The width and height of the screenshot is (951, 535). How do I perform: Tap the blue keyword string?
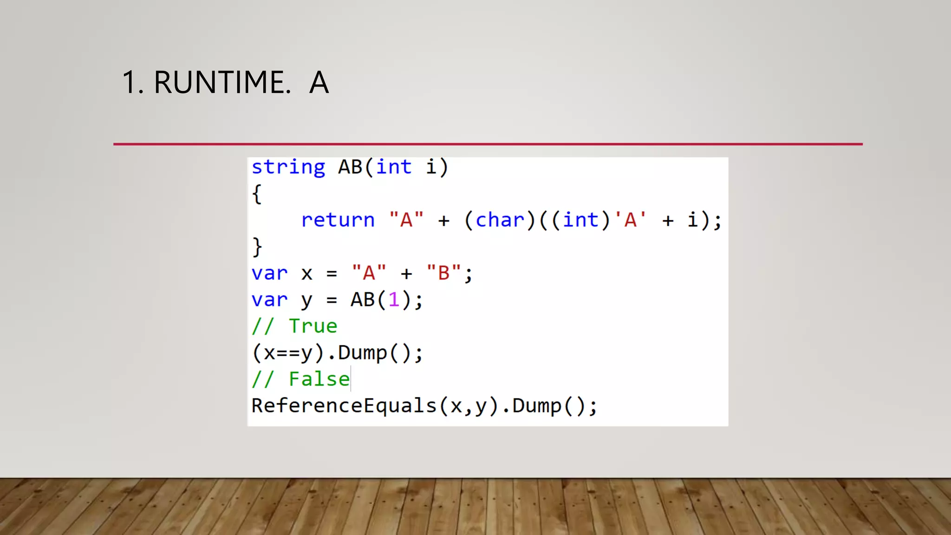288,167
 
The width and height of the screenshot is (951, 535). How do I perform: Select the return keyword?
338,220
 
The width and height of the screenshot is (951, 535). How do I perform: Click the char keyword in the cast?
500,220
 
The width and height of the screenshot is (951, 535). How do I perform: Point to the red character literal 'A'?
630,220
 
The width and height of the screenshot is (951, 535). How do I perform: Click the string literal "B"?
443,273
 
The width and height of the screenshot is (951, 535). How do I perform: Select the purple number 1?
394,300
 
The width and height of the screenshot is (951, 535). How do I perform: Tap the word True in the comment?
313,326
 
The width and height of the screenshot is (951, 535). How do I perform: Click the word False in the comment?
319,379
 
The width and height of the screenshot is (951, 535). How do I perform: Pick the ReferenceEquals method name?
344,406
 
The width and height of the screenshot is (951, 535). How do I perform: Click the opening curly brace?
257,194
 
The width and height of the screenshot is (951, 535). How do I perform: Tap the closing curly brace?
257,247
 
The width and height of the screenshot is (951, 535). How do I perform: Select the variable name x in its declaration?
306,274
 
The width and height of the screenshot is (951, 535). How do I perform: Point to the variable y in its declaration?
306,301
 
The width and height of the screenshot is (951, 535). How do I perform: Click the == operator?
288,353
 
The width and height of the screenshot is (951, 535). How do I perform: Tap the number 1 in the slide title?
129,83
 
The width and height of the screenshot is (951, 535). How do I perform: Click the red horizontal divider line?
488,144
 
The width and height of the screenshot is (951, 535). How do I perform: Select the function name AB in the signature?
350,167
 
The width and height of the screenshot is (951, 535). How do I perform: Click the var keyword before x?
269,274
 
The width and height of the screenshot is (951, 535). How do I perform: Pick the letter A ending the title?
319,83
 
